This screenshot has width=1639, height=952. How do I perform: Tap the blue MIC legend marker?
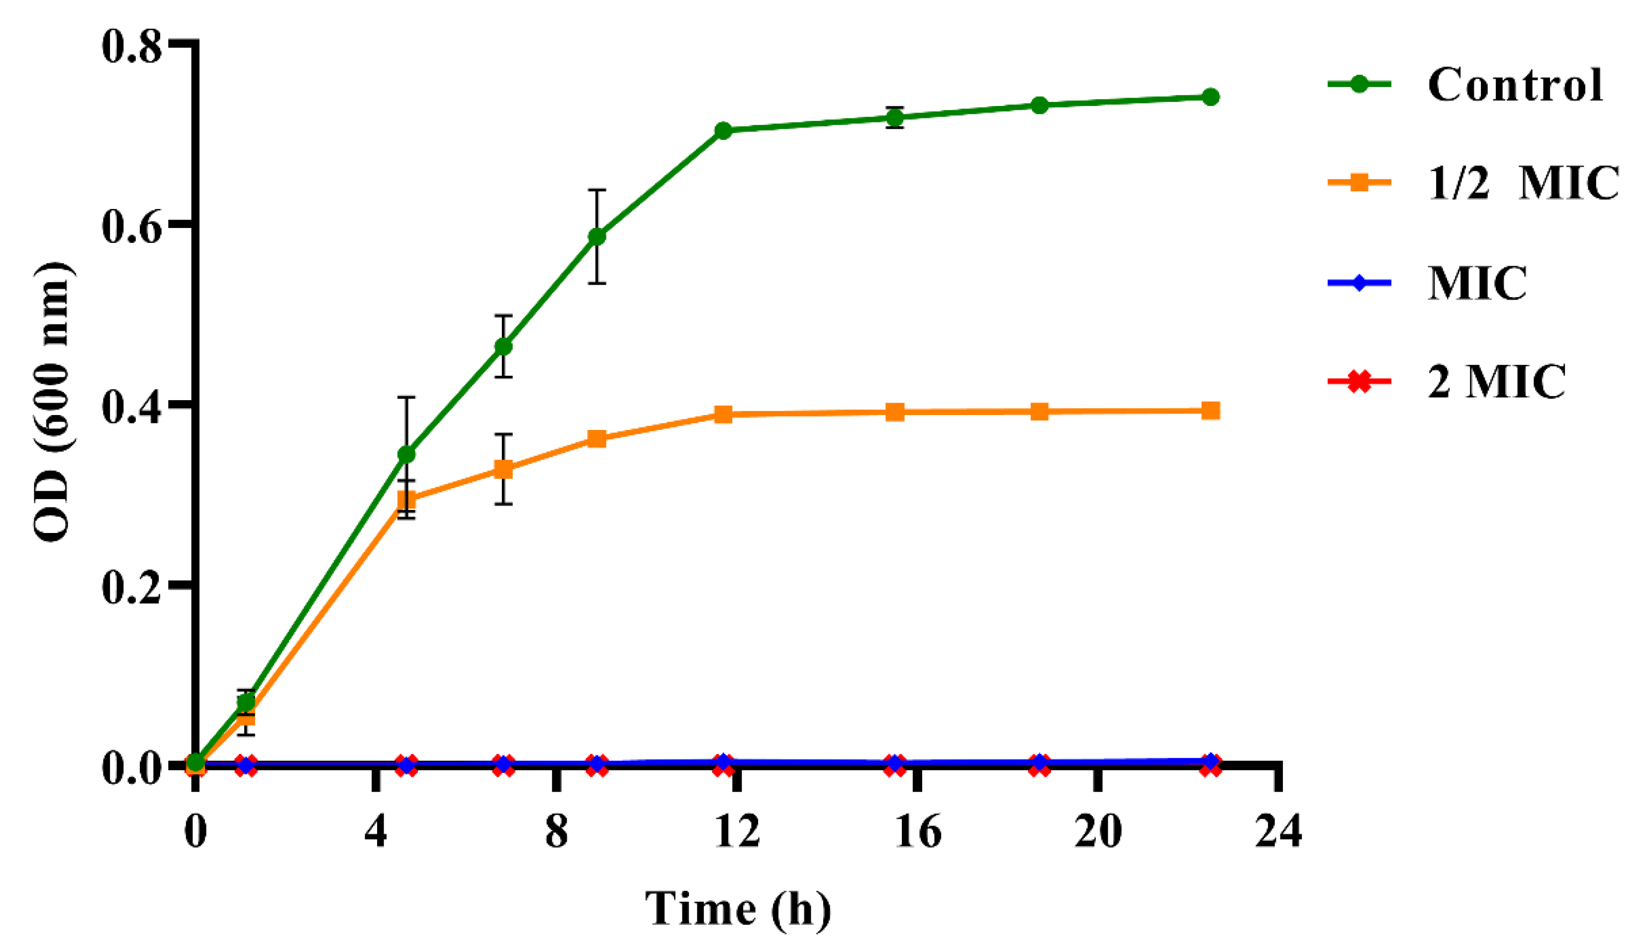click(x=1358, y=282)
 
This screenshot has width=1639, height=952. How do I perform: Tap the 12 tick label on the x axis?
click(x=737, y=831)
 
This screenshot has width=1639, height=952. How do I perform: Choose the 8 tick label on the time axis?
click(x=556, y=831)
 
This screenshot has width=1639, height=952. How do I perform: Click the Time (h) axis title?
click(x=738, y=908)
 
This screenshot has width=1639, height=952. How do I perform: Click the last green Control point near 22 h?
click(x=1210, y=97)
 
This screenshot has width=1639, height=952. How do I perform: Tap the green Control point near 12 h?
click(x=723, y=130)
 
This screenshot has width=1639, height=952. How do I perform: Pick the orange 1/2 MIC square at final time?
click(x=1210, y=411)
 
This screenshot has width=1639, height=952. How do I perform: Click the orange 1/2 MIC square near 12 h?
click(x=723, y=415)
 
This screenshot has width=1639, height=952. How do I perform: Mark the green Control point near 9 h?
click(x=597, y=236)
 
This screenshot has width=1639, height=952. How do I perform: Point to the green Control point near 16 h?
click(x=895, y=117)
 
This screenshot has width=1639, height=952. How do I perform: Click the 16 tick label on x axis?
click(x=918, y=831)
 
